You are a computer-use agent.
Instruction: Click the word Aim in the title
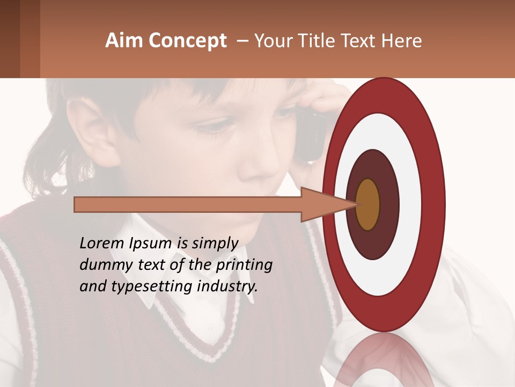pos(124,41)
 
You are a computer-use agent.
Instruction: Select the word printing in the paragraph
pos(244,266)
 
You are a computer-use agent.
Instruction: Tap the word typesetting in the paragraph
pos(148,287)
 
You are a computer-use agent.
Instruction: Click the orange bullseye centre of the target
pos(367,204)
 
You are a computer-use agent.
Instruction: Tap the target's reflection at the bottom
pos(384,360)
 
